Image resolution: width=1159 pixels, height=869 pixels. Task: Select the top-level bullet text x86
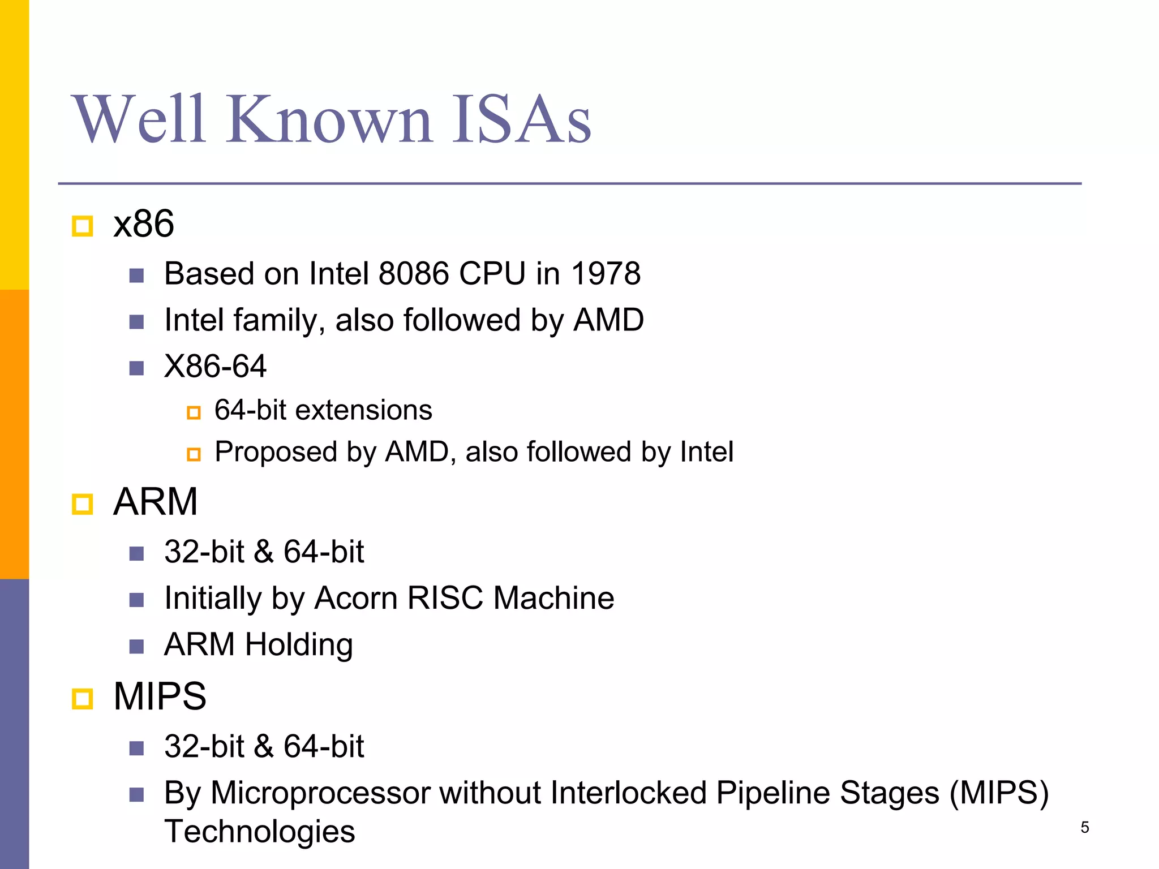tap(144, 224)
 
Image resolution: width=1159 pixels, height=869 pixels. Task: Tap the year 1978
tap(606, 274)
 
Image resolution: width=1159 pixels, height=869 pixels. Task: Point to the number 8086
tap(414, 274)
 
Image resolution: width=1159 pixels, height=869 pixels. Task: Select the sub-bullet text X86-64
tap(215, 367)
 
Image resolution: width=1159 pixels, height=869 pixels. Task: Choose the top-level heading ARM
tap(156, 502)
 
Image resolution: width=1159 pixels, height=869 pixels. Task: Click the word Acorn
tap(355, 598)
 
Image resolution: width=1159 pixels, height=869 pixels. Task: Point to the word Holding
tap(299, 644)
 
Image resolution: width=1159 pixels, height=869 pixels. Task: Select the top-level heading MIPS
tap(160, 696)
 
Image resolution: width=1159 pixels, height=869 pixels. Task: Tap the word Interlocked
tap(628, 793)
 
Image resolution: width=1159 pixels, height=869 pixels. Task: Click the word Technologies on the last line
tap(260, 832)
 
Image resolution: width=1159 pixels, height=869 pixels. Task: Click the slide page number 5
tap(1084, 828)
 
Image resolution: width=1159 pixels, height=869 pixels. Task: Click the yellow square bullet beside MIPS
tap(83, 699)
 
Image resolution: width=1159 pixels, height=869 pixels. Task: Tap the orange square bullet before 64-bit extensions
tap(194, 413)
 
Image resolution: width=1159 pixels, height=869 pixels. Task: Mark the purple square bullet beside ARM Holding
tap(136, 647)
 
